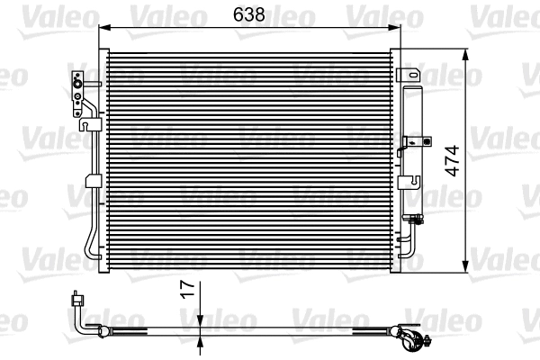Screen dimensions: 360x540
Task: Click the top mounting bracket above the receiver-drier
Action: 409,73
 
